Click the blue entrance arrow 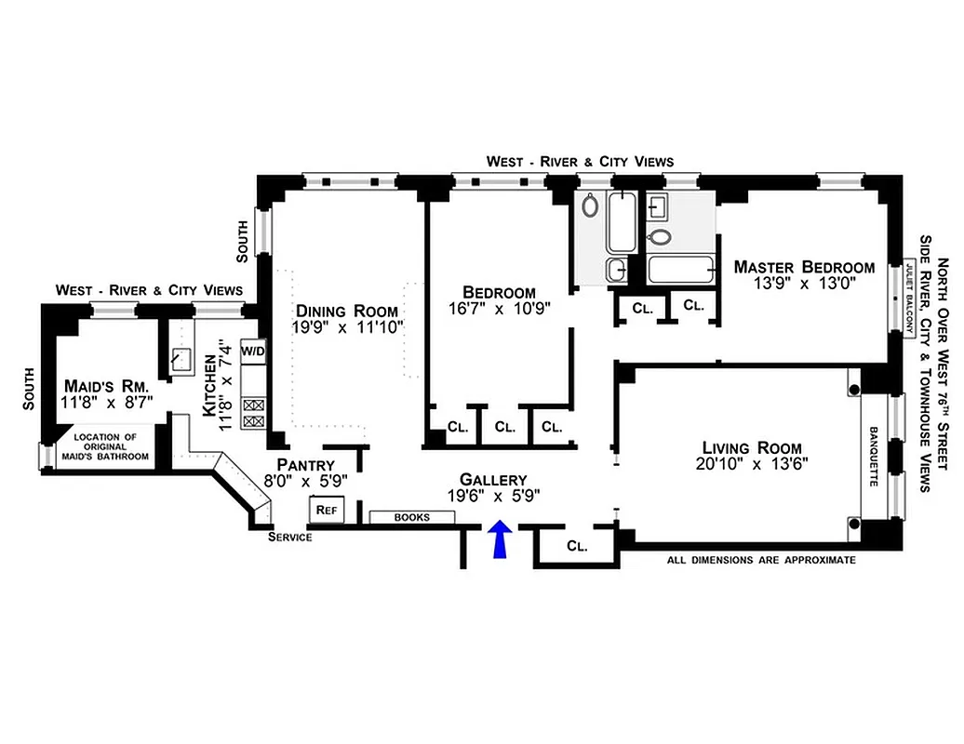501,539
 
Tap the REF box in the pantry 326,510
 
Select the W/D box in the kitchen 253,352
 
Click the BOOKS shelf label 412,517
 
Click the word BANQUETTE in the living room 874,457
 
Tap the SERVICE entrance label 289,538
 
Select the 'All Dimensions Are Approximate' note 761,561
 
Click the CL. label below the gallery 577,547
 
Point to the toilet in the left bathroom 591,206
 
